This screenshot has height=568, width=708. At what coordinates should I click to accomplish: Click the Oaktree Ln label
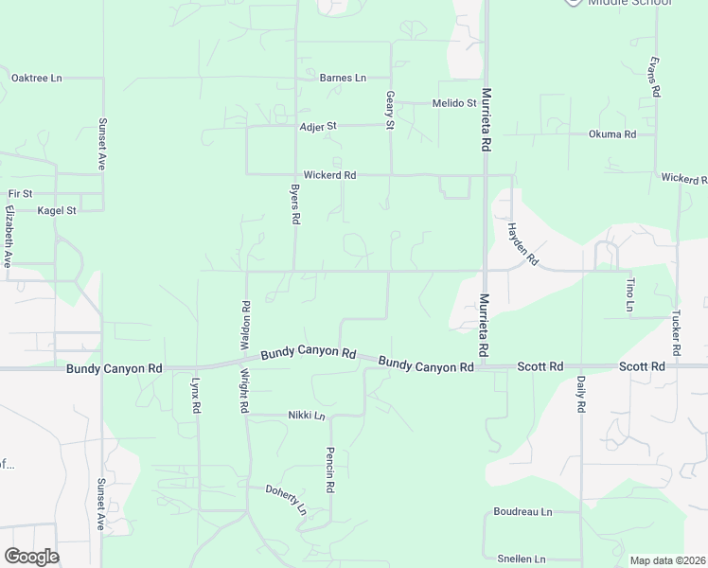36,78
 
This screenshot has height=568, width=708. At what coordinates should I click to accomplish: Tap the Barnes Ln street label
343,78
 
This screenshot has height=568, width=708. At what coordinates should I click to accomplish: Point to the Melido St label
454,103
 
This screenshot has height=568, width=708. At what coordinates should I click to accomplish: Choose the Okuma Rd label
612,134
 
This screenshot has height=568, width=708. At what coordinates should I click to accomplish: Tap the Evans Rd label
653,75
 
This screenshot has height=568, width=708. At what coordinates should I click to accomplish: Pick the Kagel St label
56,210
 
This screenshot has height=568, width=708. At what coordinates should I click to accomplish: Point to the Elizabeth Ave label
9,236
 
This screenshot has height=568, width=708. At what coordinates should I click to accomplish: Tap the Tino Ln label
628,295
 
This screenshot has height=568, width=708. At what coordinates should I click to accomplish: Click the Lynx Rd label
197,394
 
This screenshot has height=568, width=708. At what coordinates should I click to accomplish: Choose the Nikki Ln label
307,416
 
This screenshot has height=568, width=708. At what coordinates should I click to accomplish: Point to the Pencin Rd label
330,470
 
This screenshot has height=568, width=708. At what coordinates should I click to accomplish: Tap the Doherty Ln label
286,496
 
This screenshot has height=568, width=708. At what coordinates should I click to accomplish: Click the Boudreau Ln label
522,511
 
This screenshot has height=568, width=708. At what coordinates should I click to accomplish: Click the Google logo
31,557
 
